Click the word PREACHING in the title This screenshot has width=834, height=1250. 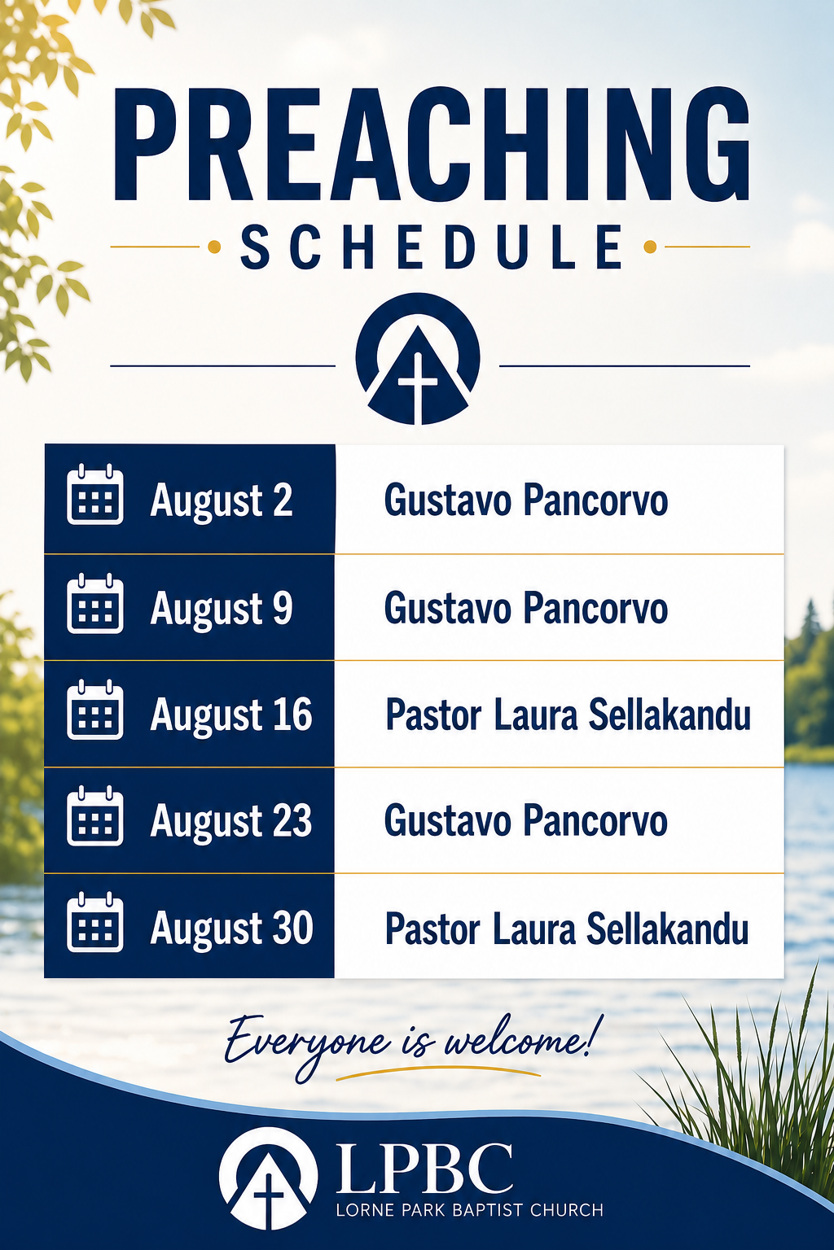coord(431,144)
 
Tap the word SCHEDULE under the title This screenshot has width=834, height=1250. coord(431,247)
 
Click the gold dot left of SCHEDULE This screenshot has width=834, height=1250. coord(214,247)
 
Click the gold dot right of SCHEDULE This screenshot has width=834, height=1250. coord(650,247)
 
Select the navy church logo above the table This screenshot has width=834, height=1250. coord(417,358)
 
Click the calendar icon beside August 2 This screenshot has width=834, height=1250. coord(95,495)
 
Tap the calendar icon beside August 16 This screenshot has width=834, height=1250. coord(95,710)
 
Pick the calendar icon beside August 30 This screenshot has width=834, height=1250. coord(95,922)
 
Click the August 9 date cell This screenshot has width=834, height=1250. coord(190,608)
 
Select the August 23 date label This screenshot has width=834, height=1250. coord(230,821)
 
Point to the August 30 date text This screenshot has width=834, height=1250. coord(231,928)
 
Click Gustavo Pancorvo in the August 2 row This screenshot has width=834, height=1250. coord(525,500)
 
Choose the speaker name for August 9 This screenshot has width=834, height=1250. coord(525,608)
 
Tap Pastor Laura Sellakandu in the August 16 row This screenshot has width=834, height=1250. coord(568,715)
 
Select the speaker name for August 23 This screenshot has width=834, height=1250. coord(525,821)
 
